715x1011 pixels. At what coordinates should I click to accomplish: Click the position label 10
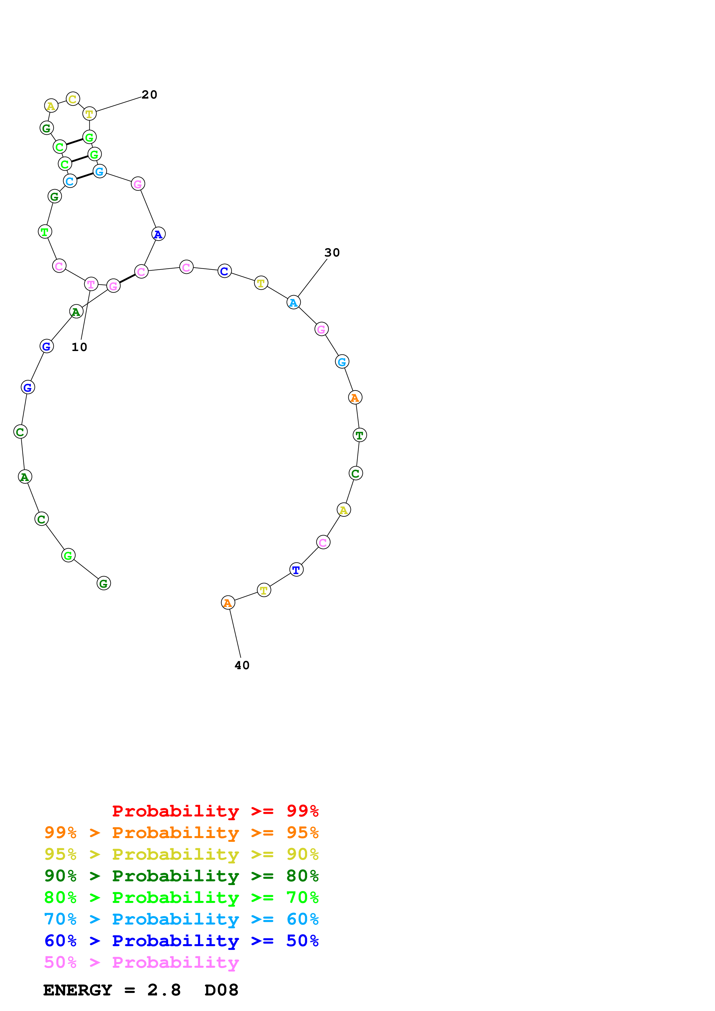[x=79, y=347]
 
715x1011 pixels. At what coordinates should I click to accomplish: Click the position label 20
[x=149, y=95]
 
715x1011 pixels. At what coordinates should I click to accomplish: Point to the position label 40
[x=242, y=665]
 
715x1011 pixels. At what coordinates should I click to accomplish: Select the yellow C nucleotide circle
[x=73, y=99]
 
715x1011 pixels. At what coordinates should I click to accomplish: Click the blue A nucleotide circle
[x=158, y=234]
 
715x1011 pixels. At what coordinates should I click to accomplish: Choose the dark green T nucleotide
[x=359, y=435]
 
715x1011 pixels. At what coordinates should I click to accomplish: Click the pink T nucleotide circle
[x=91, y=284]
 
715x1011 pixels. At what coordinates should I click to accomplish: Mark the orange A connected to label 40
[x=228, y=603]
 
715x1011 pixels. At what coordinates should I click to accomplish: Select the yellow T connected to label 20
[x=89, y=114]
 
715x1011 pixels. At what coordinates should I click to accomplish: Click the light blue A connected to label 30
[x=293, y=303]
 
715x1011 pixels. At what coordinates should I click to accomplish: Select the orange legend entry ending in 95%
[x=181, y=833]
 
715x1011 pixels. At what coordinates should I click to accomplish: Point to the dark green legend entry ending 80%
[x=181, y=876]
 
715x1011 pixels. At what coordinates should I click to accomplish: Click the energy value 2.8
[x=164, y=990]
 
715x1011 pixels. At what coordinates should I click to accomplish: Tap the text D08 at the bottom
[x=221, y=990]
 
